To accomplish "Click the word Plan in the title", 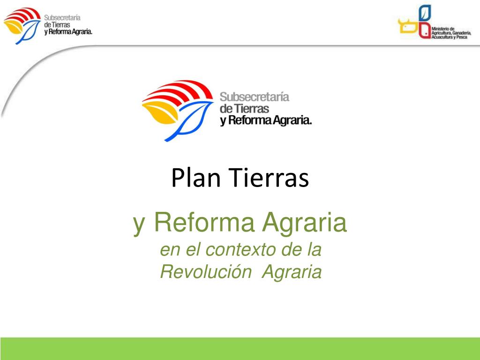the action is click(x=196, y=177).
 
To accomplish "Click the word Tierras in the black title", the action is click(x=269, y=177).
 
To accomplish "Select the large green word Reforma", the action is click(x=204, y=222).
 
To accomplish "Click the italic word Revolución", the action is click(x=206, y=271).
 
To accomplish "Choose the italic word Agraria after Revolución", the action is click(x=292, y=272).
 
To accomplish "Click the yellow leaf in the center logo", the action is click(x=160, y=112).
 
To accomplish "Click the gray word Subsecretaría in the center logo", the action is click(x=255, y=97).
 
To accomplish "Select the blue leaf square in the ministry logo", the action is click(x=425, y=13).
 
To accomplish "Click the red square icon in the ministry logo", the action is click(x=425, y=30).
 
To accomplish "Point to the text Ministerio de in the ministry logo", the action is click(x=443, y=29).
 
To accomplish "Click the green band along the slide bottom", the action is click(x=240, y=349).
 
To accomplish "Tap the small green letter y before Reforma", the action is click(x=139, y=225).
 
